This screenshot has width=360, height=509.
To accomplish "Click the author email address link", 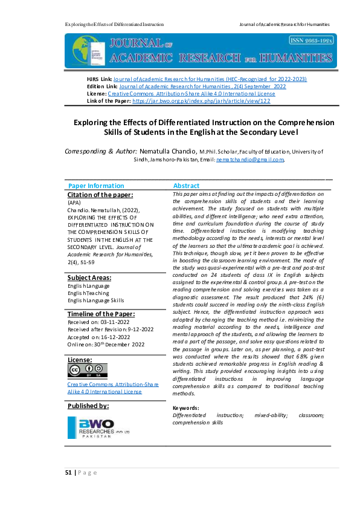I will click(242, 160).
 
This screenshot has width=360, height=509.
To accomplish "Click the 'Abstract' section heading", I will click(186, 186).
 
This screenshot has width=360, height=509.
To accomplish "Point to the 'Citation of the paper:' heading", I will click(100, 195).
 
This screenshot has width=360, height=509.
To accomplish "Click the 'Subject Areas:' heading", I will click(89, 277).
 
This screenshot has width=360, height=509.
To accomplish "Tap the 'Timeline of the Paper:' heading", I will click(101, 314).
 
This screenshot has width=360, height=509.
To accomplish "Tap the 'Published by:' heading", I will click(88, 406).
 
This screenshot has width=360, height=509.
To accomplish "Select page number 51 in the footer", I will click(68, 473).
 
